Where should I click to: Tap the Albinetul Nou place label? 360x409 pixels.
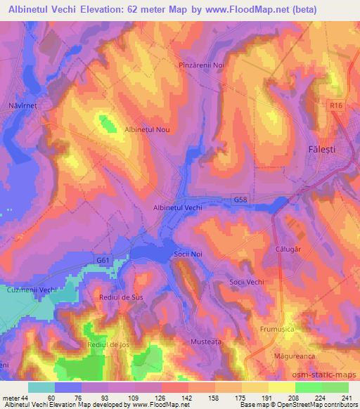click(147, 129)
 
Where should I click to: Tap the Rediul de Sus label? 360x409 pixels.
click(122, 298)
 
